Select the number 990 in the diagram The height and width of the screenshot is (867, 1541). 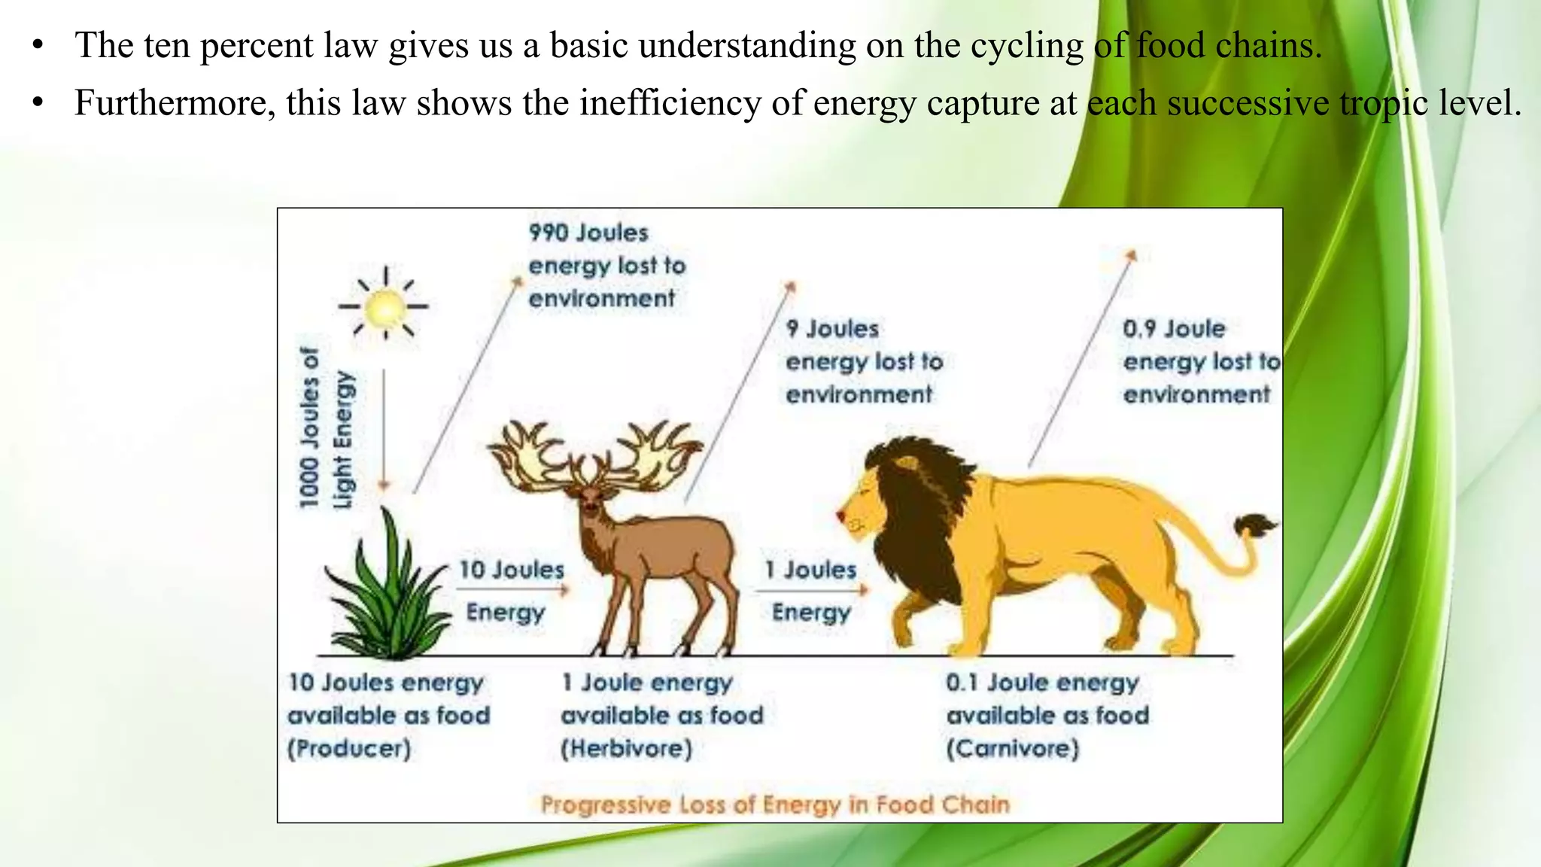pos(549,233)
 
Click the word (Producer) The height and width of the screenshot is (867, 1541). pos(349,749)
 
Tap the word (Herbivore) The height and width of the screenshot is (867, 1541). pos(626,749)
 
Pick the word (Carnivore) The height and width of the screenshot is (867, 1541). pos(1012,749)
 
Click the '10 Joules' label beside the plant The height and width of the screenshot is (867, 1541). pos(512,570)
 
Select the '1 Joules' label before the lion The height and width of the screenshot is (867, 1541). pos(810,570)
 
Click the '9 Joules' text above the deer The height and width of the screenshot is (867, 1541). pos(832,329)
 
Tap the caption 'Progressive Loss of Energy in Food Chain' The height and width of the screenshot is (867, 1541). pos(775,805)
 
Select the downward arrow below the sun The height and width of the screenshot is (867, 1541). pos(384,429)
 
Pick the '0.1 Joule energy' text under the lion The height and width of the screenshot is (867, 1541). pos(1042,683)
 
